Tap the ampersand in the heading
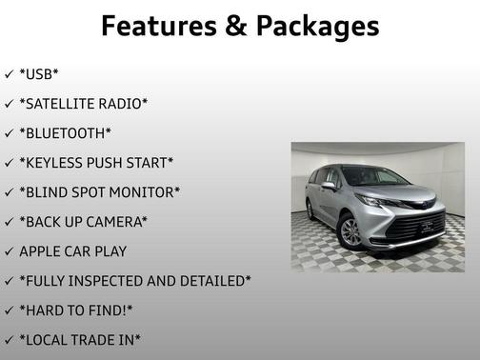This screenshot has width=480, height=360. click(237, 26)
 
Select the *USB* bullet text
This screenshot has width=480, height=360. click(39, 73)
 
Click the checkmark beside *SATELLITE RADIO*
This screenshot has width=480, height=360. click(9, 103)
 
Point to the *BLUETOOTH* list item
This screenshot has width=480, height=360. click(65, 132)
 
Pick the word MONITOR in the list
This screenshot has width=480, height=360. click(142, 192)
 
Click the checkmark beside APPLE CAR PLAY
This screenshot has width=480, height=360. click(9, 251)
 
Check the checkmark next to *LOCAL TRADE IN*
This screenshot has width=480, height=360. click(9, 340)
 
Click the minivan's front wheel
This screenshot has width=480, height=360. click(350, 231)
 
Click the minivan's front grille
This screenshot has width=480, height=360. click(417, 227)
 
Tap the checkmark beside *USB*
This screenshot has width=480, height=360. click(9, 73)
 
